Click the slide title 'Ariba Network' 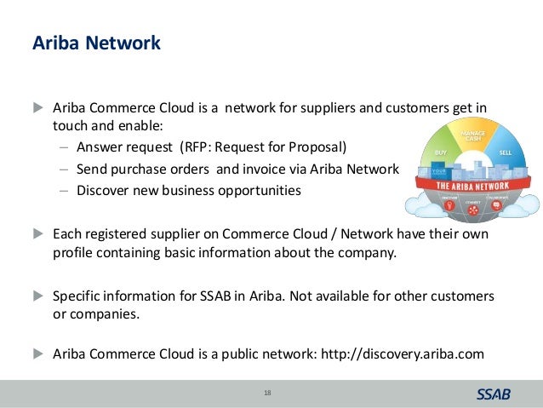pos(95,43)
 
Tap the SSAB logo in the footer pos(493,394)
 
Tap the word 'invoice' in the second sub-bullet pos(266,168)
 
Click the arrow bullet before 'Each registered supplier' pos(37,233)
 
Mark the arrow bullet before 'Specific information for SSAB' pos(37,296)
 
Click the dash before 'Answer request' pos(65,146)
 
